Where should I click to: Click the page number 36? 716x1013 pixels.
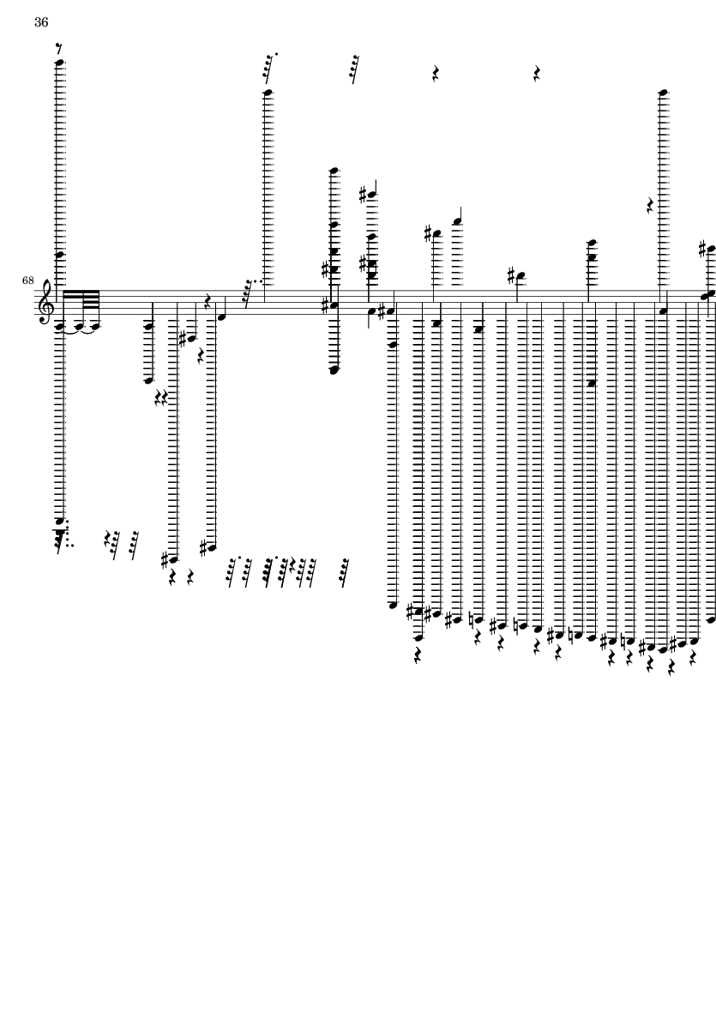[41, 23]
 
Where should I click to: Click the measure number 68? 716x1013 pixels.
[28, 280]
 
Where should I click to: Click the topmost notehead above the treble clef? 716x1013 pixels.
[60, 62]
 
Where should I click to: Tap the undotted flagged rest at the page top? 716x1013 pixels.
[353, 68]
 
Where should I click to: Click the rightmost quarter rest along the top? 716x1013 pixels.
[537, 74]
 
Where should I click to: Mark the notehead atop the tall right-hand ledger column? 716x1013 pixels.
[663, 92]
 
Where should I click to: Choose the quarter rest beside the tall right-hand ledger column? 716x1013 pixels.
[651, 205]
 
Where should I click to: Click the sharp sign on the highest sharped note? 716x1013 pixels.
[364, 195]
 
